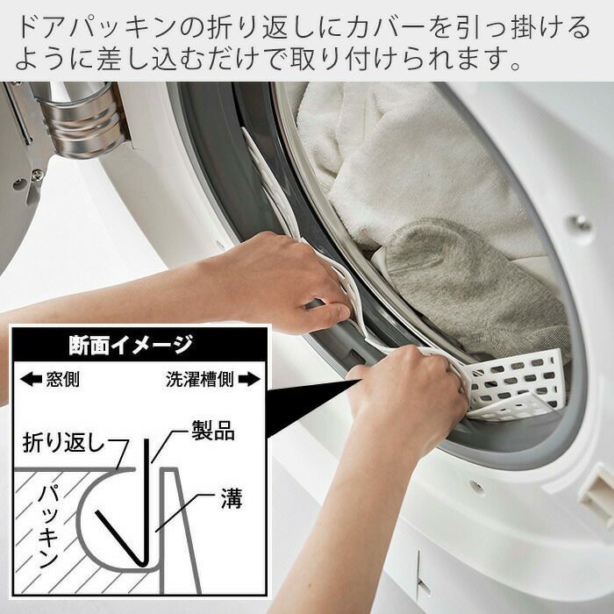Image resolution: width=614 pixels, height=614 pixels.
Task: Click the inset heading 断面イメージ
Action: pyautogui.click(x=131, y=345)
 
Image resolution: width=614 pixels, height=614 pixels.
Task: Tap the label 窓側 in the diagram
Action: pyautogui.click(x=62, y=379)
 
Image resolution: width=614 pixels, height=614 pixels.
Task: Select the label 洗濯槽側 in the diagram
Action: pyautogui.click(x=200, y=379)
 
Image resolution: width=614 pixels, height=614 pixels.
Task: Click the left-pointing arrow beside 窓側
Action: pyautogui.click(x=31, y=379)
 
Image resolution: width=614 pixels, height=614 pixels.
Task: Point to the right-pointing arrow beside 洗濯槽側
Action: pyautogui.click(x=248, y=379)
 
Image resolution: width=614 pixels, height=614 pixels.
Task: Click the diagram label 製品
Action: pyautogui.click(x=213, y=432)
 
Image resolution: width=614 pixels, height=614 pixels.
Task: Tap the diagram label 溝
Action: pyautogui.click(x=232, y=498)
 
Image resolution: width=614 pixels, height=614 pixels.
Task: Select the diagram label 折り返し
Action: pyautogui.click(x=65, y=442)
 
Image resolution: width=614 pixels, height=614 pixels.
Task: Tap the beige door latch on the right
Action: pyautogui.click(x=597, y=494)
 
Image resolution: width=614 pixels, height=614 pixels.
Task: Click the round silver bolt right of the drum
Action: pyautogui.click(x=581, y=224)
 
